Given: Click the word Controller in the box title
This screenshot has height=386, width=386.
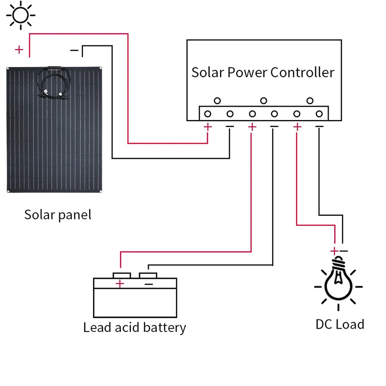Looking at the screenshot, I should [x=302, y=72].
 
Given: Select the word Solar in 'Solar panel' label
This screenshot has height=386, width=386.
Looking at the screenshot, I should [x=39, y=214].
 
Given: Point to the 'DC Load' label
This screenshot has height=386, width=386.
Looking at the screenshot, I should [x=340, y=324].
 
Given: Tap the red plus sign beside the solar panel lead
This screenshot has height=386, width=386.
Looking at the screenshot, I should [x=19, y=49].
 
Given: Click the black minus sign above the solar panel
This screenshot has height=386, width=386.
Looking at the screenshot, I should [x=74, y=50].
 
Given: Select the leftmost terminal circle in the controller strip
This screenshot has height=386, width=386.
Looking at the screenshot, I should [x=207, y=114].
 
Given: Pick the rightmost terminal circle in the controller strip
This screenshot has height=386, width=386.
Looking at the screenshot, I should [x=319, y=114].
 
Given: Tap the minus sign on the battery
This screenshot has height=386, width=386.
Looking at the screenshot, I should [x=149, y=284].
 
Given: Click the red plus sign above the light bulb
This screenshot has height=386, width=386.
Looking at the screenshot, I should [x=334, y=251].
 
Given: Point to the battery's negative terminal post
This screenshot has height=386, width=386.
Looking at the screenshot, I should [x=148, y=275].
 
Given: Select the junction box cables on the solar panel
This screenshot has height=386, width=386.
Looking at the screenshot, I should [x=54, y=82].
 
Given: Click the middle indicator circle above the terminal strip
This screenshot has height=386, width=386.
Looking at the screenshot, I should [x=263, y=101].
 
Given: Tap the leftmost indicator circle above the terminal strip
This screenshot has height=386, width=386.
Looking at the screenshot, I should [x=217, y=101].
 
